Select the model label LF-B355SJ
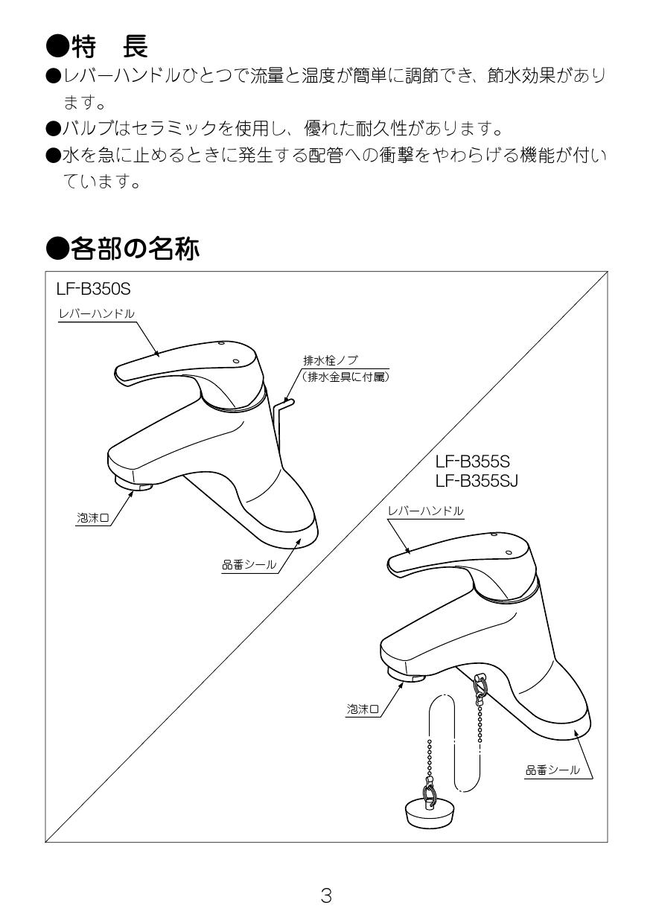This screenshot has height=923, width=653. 477,480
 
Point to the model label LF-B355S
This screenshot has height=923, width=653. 472,461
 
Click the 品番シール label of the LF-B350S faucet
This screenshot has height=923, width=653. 249,566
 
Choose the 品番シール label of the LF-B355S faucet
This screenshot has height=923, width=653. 552,770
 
